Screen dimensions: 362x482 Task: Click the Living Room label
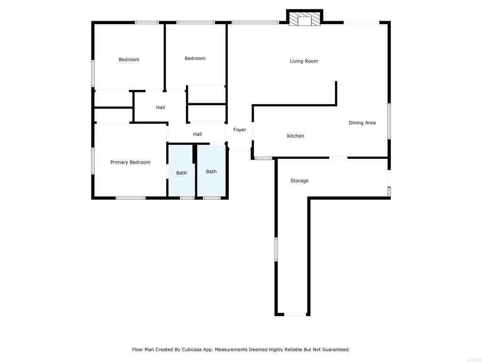point(304,61)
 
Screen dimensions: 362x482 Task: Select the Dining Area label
point(362,123)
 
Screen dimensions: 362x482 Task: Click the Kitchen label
point(296,136)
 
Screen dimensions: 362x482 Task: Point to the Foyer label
point(240,130)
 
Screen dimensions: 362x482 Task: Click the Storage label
point(299,181)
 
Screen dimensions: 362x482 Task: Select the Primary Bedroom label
point(130,163)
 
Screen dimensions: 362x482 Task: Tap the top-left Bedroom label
point(129,60)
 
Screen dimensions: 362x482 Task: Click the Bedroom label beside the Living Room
point(195,58)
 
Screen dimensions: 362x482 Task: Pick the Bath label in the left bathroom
point(182,173)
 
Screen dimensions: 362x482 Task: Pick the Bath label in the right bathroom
point(211,172)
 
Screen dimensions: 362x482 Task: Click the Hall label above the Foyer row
point(161,108)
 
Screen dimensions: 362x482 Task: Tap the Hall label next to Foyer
point(198,135)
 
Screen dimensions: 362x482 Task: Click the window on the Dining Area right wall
point(389,121)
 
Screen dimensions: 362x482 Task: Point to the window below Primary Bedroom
point(130,198)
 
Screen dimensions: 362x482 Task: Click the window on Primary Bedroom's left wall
point(93,161)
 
